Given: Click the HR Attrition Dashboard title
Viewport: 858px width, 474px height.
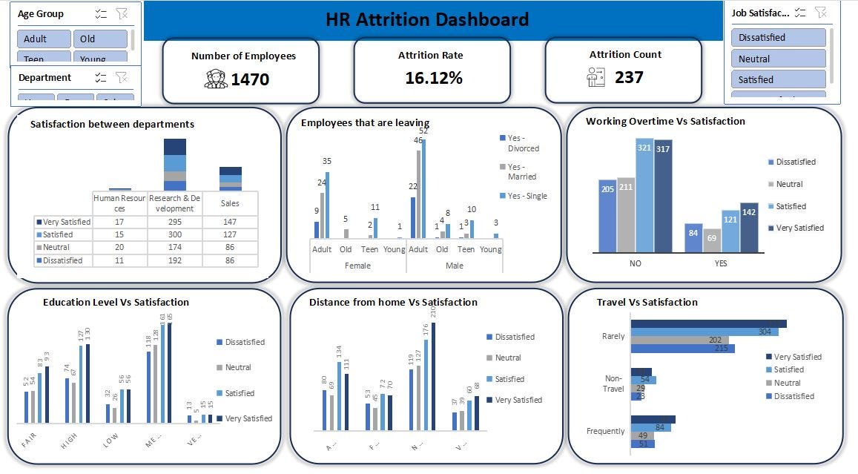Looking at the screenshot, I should point(427,19).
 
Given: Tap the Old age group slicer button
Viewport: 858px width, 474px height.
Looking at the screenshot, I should point(99,39).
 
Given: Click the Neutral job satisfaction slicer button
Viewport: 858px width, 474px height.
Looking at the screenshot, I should point(778,59).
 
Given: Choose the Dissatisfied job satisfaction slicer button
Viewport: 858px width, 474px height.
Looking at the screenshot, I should point(778,38).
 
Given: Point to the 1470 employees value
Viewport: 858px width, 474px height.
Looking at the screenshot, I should point(250,79).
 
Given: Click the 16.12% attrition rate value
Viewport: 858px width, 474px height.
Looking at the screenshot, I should point(434,78).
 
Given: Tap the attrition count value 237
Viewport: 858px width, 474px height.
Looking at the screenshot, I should point(629,77).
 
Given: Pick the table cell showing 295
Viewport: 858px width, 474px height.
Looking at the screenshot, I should point(174,222).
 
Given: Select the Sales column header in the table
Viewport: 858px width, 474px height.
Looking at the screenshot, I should point(230,203).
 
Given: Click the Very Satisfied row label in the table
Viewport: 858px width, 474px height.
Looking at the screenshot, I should point(64,222).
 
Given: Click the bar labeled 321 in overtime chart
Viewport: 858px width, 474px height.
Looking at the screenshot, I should point(644,194).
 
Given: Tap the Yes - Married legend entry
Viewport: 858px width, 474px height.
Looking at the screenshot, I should point(521,172).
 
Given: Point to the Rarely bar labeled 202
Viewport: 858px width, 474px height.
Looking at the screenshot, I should point(679,340).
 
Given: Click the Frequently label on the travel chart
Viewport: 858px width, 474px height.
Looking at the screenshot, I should point(605,431).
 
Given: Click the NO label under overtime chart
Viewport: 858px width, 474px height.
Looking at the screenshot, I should point(636,263).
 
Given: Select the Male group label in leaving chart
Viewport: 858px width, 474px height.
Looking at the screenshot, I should point(454,265).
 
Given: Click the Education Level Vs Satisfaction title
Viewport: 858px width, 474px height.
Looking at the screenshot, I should point(116,303).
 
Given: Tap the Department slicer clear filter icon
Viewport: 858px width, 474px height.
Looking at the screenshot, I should point(122,77).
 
